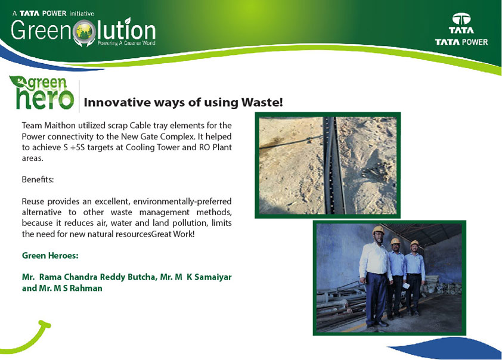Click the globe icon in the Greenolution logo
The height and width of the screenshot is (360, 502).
pos(84,32)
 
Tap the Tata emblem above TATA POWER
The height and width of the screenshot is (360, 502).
pos(461,19)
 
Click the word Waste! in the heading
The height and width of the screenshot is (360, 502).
pos(262,103)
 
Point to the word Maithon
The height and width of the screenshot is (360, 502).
pos(60,125)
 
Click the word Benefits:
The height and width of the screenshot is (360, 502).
pos(38,179)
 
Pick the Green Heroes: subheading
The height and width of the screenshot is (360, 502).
pos(50,256)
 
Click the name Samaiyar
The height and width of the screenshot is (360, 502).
pos(213,277)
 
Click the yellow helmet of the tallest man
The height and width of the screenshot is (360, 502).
pos(378,229)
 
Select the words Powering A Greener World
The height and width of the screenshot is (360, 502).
pos(126,43)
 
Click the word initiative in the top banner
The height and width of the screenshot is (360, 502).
pos(82,14)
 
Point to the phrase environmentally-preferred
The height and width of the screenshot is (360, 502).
pos(182,201)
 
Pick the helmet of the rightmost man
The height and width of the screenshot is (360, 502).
pos(414,243)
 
